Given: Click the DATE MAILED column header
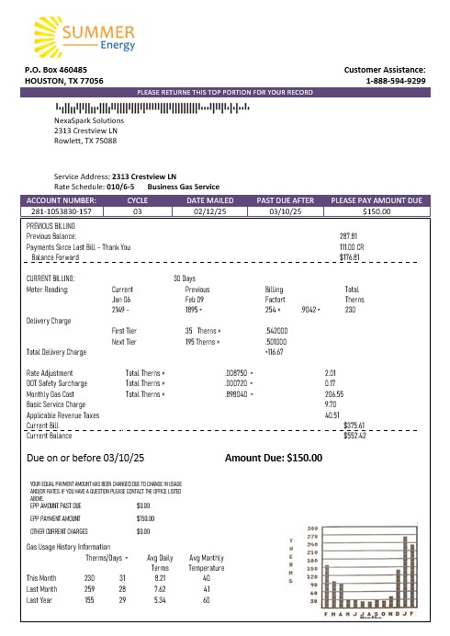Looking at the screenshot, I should (202, 199).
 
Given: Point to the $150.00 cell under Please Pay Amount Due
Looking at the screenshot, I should (376, 211).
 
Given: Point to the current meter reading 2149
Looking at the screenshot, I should (120, 310).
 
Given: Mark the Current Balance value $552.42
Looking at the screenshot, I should (354, 435).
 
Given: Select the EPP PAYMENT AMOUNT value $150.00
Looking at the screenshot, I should (143, 518).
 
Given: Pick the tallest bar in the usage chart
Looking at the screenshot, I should (405, 576).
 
